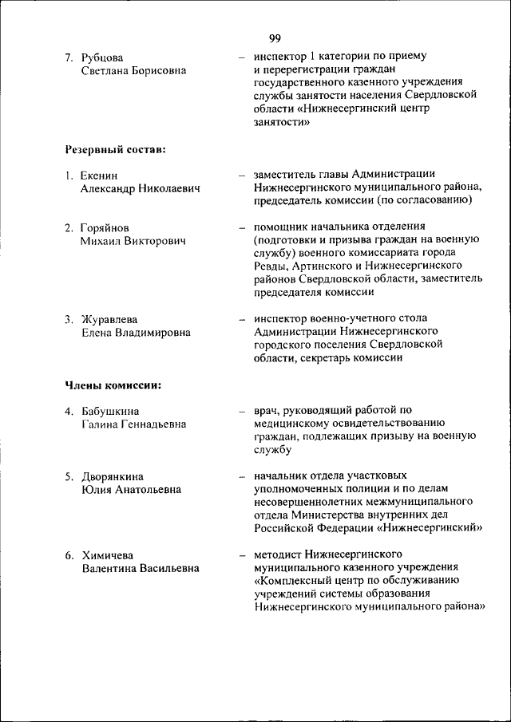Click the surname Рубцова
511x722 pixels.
point(102,57)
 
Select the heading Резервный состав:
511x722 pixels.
point(115,148)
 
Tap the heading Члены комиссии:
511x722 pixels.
point(113,385)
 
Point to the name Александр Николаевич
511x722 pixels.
point(140,188)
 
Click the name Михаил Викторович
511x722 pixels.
point(133,241)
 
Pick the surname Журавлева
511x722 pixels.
point(110,319)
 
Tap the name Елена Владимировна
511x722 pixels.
point(136,333)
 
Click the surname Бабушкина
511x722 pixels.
point(111,411)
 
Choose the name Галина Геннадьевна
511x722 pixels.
point(133,424)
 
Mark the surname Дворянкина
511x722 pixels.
point(113,477)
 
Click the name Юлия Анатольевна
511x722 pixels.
point(131,490)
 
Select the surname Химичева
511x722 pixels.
point(108,554)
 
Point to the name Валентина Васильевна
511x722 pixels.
point(140,568)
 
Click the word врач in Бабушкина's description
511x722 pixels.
point(267,411)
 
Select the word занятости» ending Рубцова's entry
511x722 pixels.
point(281,122)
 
